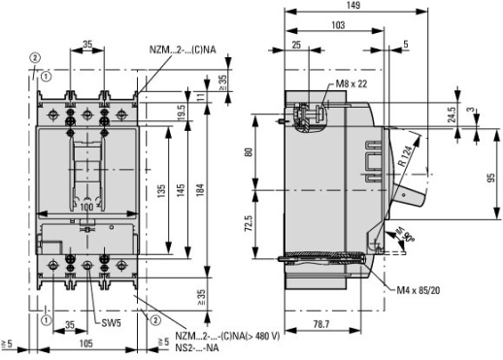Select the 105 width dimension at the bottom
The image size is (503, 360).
pos(86,344)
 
